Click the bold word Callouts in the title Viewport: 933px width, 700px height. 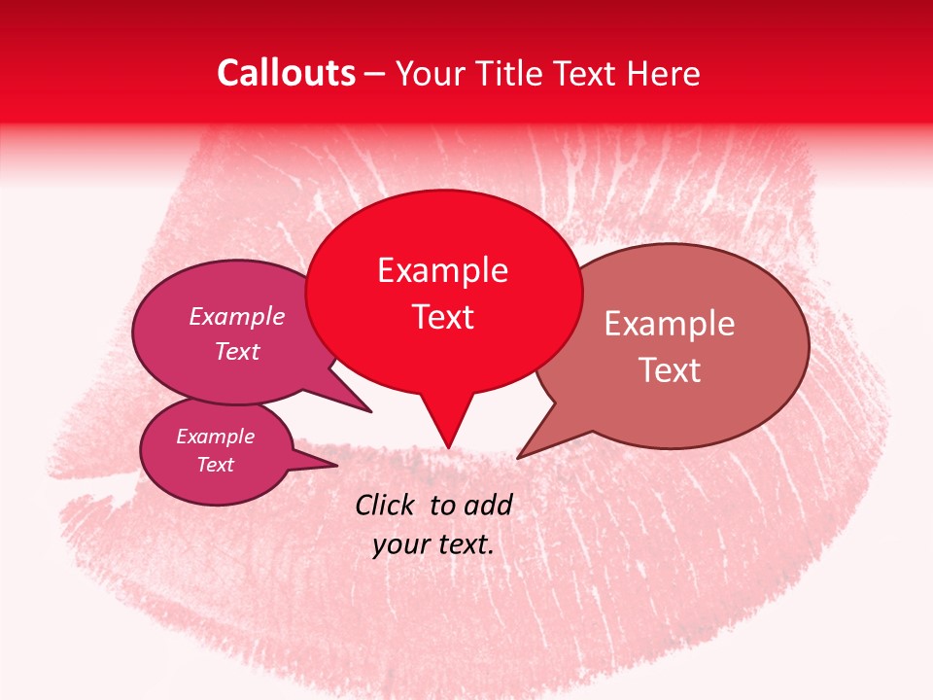pyautogui.click(x=286, y=73)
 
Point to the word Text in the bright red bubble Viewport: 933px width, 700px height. pyautogui.click(x=442, y=316)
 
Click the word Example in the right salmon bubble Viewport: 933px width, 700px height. pyautogui.click(x=669, y=324)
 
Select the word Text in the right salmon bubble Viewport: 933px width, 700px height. pyautogui.click(x=669, y=369)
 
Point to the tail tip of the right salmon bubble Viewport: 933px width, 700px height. pyautogui.click(x=518, y=458)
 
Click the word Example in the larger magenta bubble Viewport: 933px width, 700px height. pyautogui.click(x=237, y=316)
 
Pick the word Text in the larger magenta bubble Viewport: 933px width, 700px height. pyautogui.click(x=237, y=351)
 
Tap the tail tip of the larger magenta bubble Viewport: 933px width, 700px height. pyautogui.click(x=371, y=412)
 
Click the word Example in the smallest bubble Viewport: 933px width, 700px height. pyautogui.click(x=215, y=437)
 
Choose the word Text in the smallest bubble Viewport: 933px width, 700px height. pyautogui.click(x=215, y=465)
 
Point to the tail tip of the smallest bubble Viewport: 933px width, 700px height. pyautogui.click(x=337, y=466)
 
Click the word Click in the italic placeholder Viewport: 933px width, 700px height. pyautogui.click(x=386, y=505)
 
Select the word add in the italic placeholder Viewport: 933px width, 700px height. pyautogui.click(x=488, y=505)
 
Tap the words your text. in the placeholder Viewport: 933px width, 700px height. pyautogui.click(x=433, y=544)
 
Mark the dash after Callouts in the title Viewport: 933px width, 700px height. pyautogui.click(x=375, y=74)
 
